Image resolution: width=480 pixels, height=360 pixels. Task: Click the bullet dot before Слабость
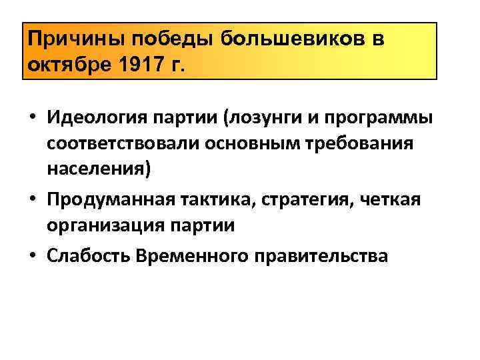[x=33, y=255]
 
